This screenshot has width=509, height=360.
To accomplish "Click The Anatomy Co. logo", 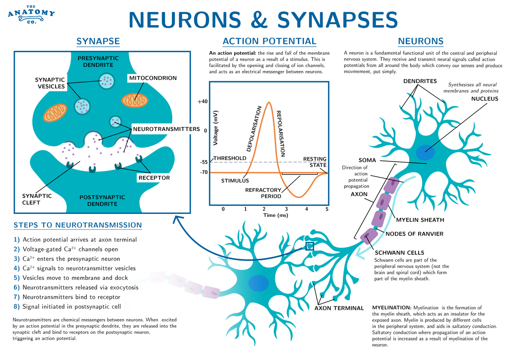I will [x=31, y=14].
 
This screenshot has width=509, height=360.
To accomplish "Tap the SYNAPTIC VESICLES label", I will [x=50, y=83].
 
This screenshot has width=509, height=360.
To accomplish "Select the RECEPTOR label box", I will [x=154, y=178].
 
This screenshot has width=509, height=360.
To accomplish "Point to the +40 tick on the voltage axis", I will [x=202, y=101].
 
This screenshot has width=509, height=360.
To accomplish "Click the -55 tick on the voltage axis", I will [x=204, y=162].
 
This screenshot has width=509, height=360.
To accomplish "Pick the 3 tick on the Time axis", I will [x=286, y=209].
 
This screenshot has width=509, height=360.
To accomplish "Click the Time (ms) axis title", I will [x=276, y=216].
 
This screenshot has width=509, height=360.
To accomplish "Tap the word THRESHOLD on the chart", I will [x=229, y=158].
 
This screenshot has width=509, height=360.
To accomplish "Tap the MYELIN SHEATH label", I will [x=420, y=220].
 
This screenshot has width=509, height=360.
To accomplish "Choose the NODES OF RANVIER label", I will [x=414, y=233].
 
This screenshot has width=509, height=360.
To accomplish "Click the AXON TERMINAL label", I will [x=339, y=308].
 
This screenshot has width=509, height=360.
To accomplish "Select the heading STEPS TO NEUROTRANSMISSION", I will [x=78, y=225].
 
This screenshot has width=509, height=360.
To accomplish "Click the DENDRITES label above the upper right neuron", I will [x=420, y=81].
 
